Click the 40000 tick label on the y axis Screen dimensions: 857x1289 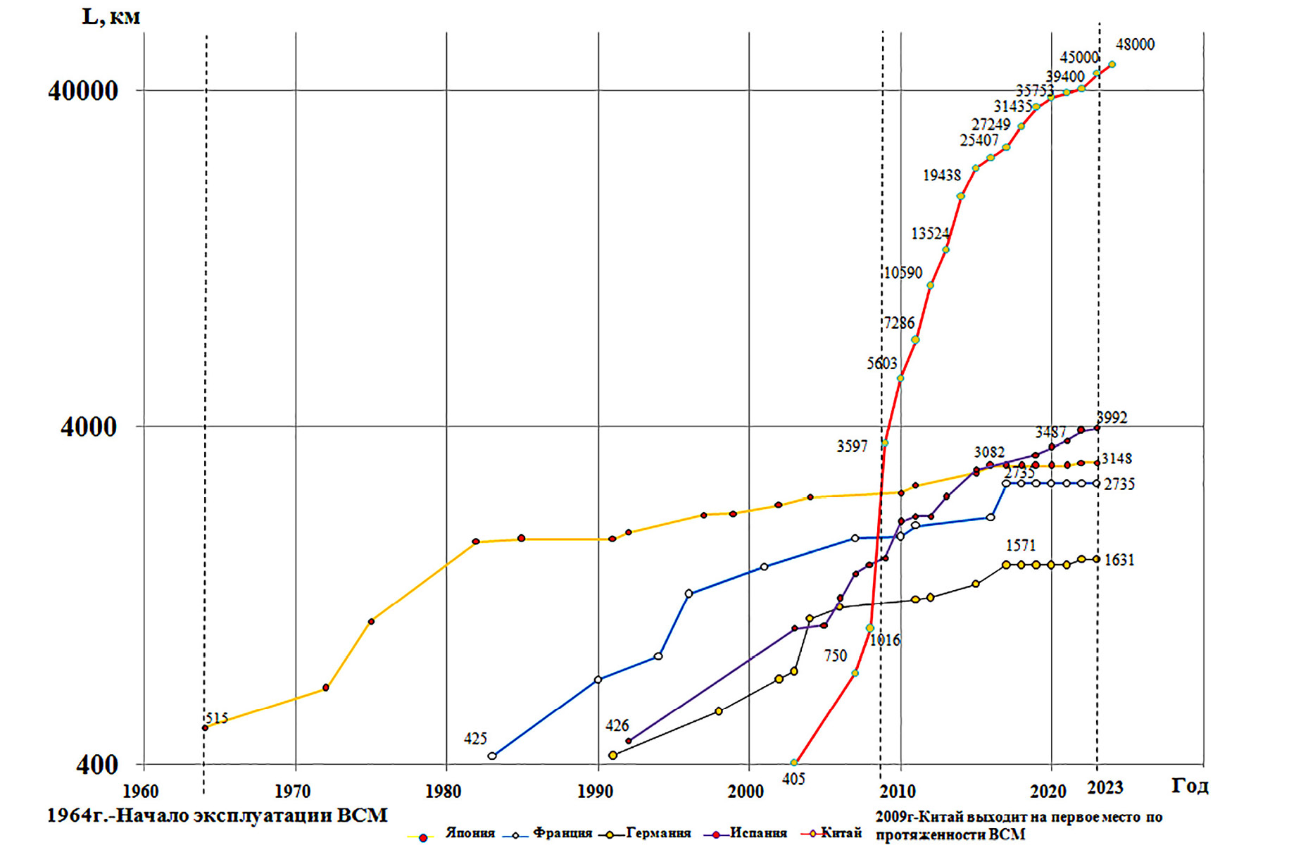[82, 91]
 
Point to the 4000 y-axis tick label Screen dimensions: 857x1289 [89, 427]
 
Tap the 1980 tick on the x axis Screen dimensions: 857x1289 [444, 792]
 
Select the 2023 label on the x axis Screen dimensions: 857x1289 [1105, 787]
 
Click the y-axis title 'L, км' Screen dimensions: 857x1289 [111, 16]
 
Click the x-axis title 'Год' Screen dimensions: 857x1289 [1190, 786]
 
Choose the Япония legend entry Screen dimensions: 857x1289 [470, 834]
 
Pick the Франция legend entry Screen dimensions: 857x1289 [562, 834]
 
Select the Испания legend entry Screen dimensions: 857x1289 [757, 834]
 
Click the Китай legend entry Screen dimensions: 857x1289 [841, 834]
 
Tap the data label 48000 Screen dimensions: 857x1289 [1135, 45]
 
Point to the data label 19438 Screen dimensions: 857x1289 [941, 175]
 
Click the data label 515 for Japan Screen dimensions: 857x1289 [217, 718]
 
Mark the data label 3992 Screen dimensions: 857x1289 [1112, 418]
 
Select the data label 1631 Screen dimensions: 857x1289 [1119, 561]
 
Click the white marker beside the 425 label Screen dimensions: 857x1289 [492, 756]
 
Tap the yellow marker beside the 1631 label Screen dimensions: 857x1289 [1096, 559]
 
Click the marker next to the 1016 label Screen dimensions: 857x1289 [870, 628]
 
